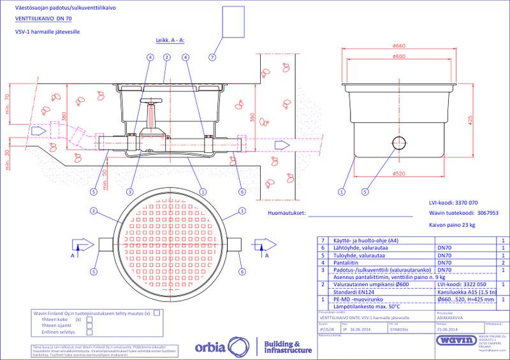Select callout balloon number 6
click(x=242, y=191)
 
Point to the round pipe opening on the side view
click(x=399, y=141)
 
